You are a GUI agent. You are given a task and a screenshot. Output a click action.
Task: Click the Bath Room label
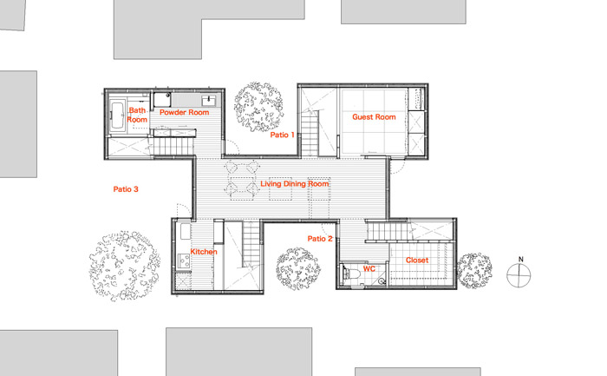(x=137, y=115)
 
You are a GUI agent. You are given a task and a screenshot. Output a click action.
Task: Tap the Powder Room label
(x=184, y=112)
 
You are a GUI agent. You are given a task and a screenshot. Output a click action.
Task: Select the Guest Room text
(x=374, y=116)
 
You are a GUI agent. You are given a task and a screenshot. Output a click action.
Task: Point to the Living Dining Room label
(x=295, y=184)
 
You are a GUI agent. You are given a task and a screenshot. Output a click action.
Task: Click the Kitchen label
(x=204, y=252)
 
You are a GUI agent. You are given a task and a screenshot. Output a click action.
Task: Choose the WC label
(x=369, y=268)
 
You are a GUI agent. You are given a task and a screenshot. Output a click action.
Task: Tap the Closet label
(x=417, y=261)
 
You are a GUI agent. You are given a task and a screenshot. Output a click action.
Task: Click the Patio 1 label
(x=282, y=135)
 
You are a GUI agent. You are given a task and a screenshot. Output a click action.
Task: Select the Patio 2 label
(x=320, y=239)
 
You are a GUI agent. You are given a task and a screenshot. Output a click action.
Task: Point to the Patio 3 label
(x=126, y=189)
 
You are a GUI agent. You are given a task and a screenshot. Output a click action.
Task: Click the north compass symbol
(x=519, y=275)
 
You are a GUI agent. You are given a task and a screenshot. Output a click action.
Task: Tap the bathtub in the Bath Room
(x=117, y=115)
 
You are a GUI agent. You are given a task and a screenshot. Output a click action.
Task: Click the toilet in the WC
(x=352, y=274)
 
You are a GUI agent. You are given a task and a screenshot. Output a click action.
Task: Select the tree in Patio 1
(x=258, y=107)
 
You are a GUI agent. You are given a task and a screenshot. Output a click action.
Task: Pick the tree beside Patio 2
(x=298, y=269)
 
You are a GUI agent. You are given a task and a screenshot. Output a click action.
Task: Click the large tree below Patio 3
(x=125, y=266)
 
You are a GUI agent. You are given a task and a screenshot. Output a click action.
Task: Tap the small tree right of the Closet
(x=474, y=270)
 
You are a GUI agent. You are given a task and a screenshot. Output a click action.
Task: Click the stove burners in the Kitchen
(x=184, y=261)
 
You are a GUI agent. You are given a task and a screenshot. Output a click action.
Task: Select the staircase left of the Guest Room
(x=310, y=133)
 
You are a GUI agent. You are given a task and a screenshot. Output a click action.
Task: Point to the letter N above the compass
(x=520, y=260)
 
